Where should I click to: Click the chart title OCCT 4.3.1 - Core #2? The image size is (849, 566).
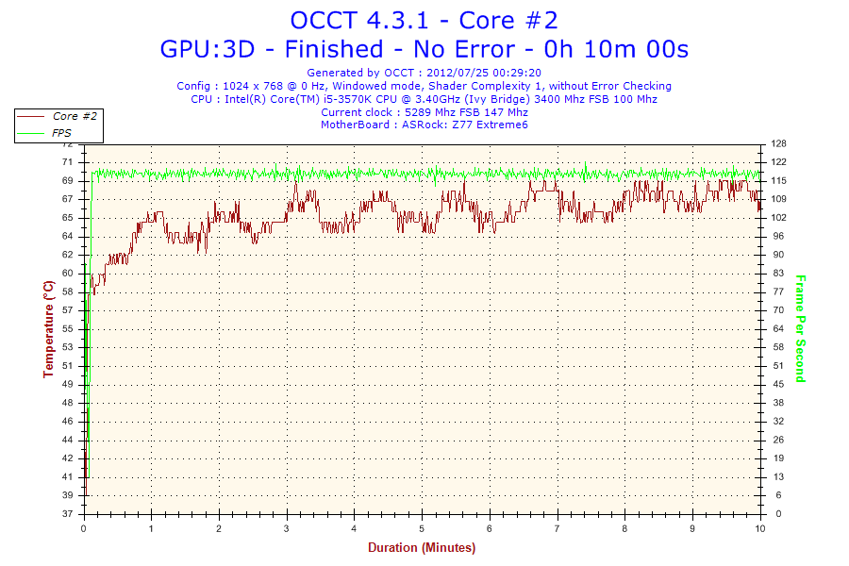[424, 20]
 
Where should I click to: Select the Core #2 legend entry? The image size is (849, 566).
[75, 116]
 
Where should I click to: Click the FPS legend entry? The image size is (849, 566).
[62, 133]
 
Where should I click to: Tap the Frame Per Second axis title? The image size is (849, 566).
[800, 329]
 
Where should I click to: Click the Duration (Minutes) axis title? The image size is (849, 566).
[422, 547]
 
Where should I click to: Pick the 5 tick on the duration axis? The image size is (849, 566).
[422, 527]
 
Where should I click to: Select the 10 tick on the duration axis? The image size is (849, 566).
[759, 527]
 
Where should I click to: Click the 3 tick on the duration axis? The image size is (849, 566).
[287, 527]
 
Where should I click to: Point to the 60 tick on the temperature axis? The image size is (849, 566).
[67, 274]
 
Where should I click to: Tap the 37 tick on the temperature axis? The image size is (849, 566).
[67, 514]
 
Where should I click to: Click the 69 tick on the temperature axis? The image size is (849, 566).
[67, 180]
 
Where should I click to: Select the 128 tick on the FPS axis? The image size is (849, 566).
[778, 144]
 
